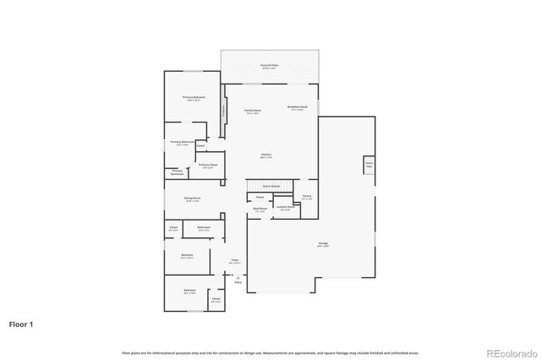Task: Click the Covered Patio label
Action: (x=270, y=65)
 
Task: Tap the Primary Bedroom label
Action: (x=194, y=98)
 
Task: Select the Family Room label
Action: (x=252, y=111)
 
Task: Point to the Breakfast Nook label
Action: (x=298, y=107)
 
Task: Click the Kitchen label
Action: (x=265, y=155)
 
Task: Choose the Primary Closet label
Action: (x=208, y=166)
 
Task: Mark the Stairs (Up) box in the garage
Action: (x=369, y=165)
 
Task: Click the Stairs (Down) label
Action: (x=270, y=186)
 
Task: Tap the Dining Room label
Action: (x=193, y=199)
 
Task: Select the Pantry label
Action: (x=307, y=198)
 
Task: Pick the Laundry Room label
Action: (x=285, y=207)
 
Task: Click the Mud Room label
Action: (x=260, y=209)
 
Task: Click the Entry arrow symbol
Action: (x=238, y=277)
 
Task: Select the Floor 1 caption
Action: (x=22, y=324)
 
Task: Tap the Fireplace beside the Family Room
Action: (x=224, y=110)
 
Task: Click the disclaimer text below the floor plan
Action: (x=270, y=351)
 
